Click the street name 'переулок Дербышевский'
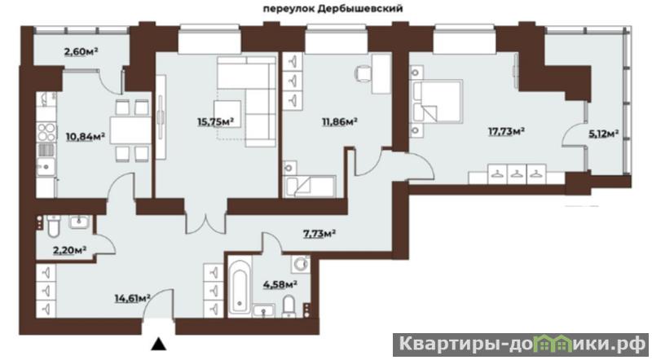click(x=333, y=9)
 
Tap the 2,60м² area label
click(x=81, y=51)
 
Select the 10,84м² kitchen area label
click(x=85, y=136)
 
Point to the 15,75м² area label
click(x=215, y=121)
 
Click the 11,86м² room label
click(x=340, y=121)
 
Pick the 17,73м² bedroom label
click(x=505, y=132)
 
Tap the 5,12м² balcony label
click(x=603, y=134)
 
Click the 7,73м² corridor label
click(x=319, y=233)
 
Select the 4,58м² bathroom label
click(x=280, y=284)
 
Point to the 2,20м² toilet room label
click(x=69, y=250)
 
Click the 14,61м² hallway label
click(x=132, y=297)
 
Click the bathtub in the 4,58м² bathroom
click(x=240, y=287)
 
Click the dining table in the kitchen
click(x=130, y=130)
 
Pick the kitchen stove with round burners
click(x=47, y=132)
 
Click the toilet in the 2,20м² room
click(x=54, y=226)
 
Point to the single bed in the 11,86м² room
click(x=310, y=187)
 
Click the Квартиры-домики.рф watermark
click(x=521, y=345)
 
